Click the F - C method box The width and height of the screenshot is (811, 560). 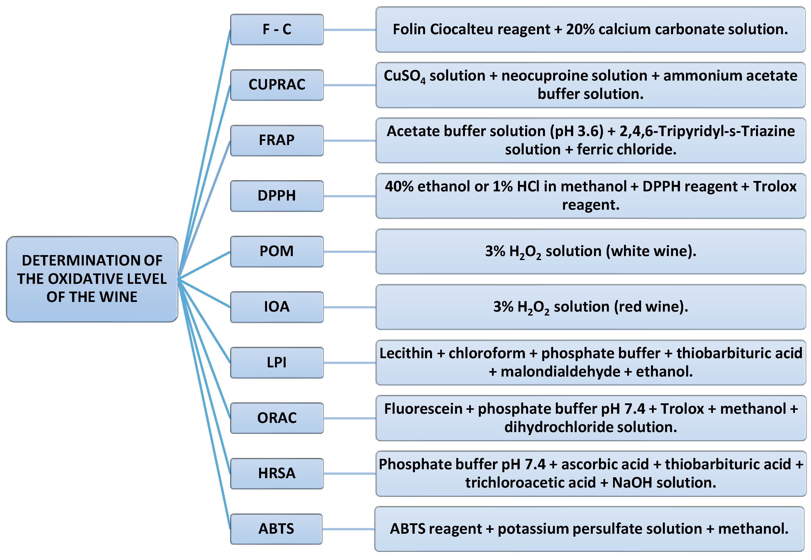point(277,29)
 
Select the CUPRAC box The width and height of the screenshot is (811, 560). point(277,85)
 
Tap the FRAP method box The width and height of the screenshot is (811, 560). point(277,140)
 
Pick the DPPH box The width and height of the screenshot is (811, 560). point(277,196)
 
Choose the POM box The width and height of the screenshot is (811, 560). point(277,251)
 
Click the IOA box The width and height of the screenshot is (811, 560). point(277,307)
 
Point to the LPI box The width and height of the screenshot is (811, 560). point(277,362)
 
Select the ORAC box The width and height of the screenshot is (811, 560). point(277,418)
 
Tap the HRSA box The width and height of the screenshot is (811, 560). point(277,473)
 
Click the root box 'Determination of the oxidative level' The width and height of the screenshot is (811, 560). point(92,279)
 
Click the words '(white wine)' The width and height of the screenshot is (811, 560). point(651,251)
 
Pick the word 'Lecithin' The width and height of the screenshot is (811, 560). point(406,353)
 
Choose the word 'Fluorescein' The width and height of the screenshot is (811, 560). point(423,409)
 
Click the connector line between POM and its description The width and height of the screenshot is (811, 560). point(349,252)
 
